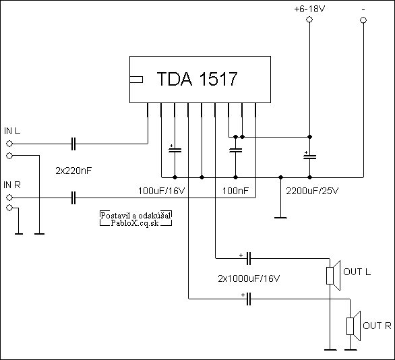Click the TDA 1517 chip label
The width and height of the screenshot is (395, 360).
click(x=197, y=79)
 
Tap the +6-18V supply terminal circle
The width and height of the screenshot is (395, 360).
click(x=309, y=20)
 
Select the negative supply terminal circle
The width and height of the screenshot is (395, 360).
click(x=363, y=20)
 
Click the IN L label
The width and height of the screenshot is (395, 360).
click(x=12, y=131)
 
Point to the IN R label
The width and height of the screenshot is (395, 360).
click(x=12, y=185)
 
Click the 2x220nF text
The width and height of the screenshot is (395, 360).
click(x=73, y=171)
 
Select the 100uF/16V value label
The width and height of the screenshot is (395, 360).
click(x=161, y=191)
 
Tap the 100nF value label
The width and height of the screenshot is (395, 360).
click(x=235, y=191)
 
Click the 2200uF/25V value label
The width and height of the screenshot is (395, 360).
click(x=312, y=191)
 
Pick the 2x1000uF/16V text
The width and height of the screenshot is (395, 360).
click(x=249, y=278)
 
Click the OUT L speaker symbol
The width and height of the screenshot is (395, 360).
click(x=333, y=275)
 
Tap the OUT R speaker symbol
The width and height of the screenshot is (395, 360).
click(x=353, y=326)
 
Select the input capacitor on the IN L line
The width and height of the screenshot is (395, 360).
click(x=73, y=144)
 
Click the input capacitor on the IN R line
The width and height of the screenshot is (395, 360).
click(x=73, y=198)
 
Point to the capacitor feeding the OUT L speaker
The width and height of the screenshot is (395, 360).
click(x=248, y=258)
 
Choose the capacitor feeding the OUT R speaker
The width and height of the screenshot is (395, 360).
click(x=249, y=299)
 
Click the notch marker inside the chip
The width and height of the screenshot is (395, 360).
click(x=136, y=80)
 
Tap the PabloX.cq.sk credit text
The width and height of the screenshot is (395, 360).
click(x=135, y=223)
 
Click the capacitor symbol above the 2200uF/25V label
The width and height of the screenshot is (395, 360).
click(x=309, y=156)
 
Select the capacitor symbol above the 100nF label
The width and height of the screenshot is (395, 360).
click(x=235, y=150)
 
